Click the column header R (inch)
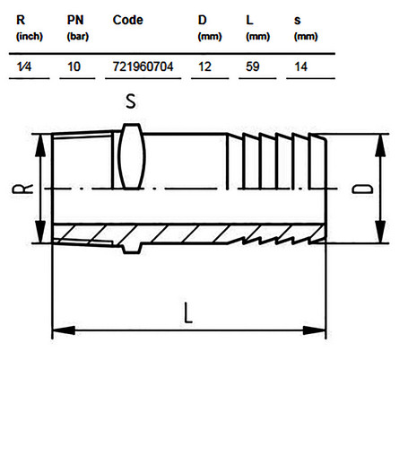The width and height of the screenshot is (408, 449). click(30, 28)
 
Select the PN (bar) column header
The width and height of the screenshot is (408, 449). click(78, 28)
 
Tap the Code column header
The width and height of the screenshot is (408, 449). click(128, 20)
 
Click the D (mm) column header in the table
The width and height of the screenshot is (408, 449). click(210, 28)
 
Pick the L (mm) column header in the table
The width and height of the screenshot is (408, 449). click(257, 28)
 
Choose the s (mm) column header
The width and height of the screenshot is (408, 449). click(306, 28)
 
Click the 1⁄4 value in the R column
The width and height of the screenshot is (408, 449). click(24, 66)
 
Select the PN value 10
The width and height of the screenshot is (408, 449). click(74, 66)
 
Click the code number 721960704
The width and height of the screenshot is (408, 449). click(143, 66)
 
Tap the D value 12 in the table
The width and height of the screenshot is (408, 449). click(204, 66)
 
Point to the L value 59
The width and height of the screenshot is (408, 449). click(253, 66)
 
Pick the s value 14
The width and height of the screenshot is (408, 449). click(300, 66)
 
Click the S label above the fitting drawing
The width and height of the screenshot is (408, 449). click(131, 101)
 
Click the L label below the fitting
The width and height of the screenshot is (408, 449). click(188, 313)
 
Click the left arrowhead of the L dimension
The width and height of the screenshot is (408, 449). click(64, 330)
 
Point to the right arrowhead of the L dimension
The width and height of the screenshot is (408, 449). click(314, 330)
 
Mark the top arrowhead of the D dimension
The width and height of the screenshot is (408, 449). click(380, 145)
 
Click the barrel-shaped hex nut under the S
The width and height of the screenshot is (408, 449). click(132, 156)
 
